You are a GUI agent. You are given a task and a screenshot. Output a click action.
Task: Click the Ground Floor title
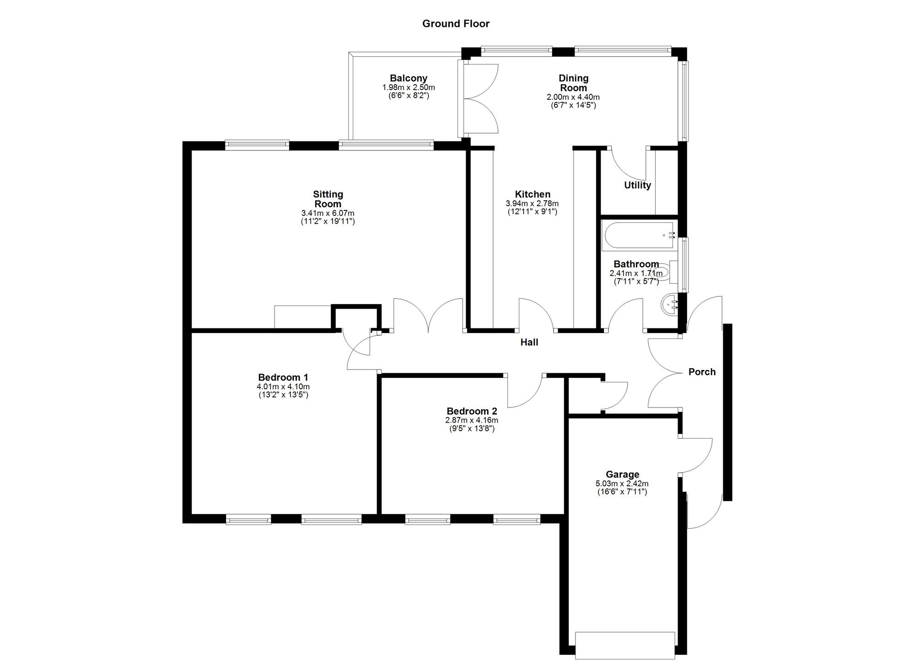[x=456, y=24]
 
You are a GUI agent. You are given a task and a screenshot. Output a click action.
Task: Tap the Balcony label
[x=409, y=78]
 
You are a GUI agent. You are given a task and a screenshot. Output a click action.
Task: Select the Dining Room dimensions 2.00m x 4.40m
[x=573, y=97]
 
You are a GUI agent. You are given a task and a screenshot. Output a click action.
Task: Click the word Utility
[x=637, y=185]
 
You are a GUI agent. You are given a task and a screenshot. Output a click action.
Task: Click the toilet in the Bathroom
[x=668, y=273]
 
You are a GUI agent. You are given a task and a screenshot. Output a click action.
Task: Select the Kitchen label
[x=533, y=194]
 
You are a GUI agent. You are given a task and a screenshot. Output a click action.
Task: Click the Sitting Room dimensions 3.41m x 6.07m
[x=328, y=214]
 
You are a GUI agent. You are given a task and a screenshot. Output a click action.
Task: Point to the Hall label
[x=529, y=342]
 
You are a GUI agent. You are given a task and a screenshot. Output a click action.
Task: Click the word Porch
[x=702, y=372]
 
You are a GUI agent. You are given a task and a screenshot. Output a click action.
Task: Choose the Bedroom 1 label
[x=283, y=377]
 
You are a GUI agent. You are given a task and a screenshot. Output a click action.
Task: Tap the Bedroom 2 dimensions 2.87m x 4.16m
[x=472, y=420]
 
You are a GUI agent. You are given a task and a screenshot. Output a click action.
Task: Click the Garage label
[x=622, y=474]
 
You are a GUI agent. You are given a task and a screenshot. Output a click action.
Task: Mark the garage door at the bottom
[x=625, y=645]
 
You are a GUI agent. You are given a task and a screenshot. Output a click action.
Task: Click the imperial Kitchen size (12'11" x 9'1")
[x=533, y=212]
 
